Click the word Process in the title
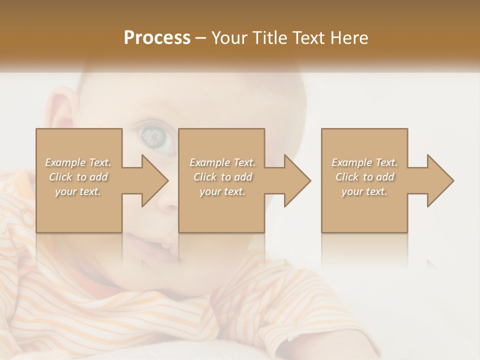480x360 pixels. pyautogui.click(x=157, y=38)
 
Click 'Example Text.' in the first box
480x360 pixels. pyautogui.click(x=78, y=162)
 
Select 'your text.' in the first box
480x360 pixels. pyautogui.click(x=78, y=191)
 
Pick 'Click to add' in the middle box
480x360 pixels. pyautogui.click(x=222, y=177)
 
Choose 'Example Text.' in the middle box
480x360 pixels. pyautogui.click(x=222, y=162)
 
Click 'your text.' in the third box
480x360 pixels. pyautogui.click(x=364, y=191)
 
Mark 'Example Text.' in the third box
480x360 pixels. pyautogui.click(x=364, y=162)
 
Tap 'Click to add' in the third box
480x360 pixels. pyautogui.click(x=364, y=177)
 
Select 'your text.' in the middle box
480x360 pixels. pyautogui.click(x=222, y=191)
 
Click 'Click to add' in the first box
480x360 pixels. pyautogui.click(x=78, y=177)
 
